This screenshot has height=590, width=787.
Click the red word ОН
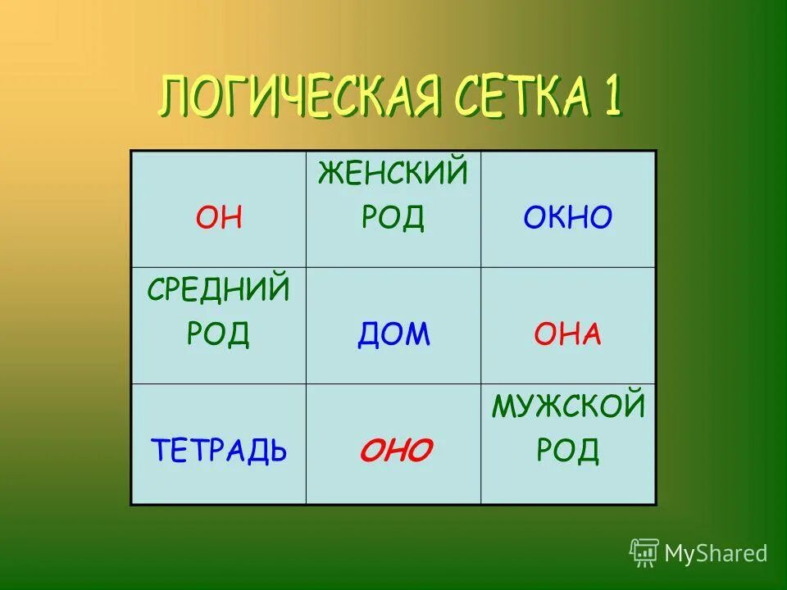219,218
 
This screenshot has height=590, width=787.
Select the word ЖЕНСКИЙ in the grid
393,174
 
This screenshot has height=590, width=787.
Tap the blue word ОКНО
567,218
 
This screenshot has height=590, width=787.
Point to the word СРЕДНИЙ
219,289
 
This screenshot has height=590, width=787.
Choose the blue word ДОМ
393,334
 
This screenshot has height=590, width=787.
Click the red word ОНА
567,334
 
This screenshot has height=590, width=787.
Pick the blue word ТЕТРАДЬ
219,450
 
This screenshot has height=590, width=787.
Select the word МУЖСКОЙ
567,406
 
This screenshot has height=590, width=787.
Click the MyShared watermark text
716,553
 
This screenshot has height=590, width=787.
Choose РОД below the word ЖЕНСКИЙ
393,218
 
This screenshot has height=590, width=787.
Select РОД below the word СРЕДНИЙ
219,334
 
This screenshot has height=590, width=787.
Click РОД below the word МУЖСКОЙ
567,450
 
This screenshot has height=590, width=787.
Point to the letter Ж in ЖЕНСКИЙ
330,174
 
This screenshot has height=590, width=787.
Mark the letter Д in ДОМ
368,335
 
